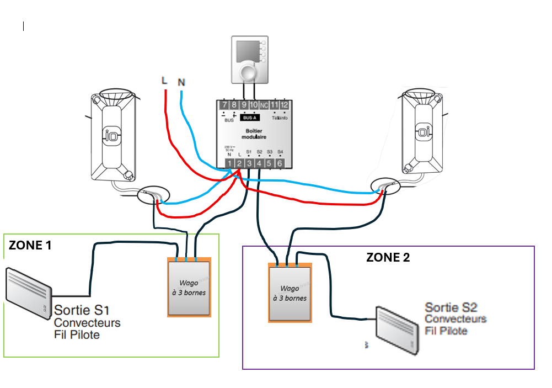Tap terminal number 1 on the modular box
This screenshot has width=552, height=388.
click(229, 163)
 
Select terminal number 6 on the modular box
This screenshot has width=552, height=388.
click(279, 163)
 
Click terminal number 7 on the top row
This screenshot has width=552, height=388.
click(224, 105)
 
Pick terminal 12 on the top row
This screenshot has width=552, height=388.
click(284, 105)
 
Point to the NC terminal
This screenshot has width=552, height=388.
click(264, 105)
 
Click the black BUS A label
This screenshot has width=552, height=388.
click(250, 118)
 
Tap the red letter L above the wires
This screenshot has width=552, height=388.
click(164, 80)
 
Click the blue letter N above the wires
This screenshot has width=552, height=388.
click(181, 83)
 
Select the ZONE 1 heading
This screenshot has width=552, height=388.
click(30, 245)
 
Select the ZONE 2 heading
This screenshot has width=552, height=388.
click(388, 257)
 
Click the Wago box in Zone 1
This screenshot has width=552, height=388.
click(189, 287)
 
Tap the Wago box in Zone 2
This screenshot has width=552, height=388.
click(290, 292)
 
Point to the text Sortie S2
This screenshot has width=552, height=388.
click(451, 307)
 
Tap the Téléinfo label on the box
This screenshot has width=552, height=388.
click(280, 118)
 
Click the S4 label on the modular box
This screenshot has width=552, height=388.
click(280, 152)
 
